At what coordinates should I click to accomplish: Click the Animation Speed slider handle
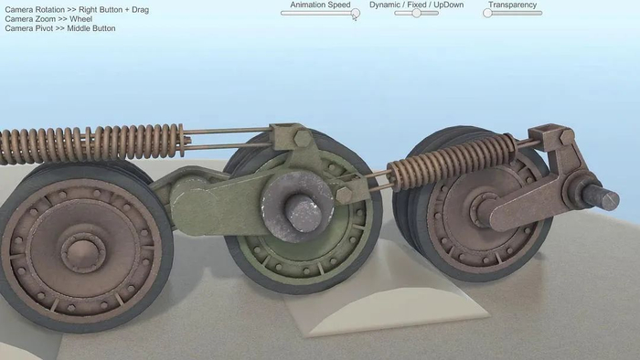pyautogui.click(x=356, y=13)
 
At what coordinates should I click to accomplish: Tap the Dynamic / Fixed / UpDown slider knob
pyautogui.click(x=416, y=13)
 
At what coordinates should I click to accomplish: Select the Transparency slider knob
pyautogui.click(x=487, y=13)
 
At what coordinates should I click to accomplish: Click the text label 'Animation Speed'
pyautogui.click(x=320, y=5)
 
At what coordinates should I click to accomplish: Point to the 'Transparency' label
pyautogui.click(x=512, y=5)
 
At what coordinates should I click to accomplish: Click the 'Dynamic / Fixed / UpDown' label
pyautogui.click(x=416, y=5)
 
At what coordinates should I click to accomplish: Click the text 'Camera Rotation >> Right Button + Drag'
pyautogui.click(x=77, y=9)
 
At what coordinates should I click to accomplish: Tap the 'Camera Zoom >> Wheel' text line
pyautogui.click(x=48, y=19)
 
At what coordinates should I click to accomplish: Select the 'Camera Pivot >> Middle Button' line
pyautogui.click(x=60, y=28)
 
